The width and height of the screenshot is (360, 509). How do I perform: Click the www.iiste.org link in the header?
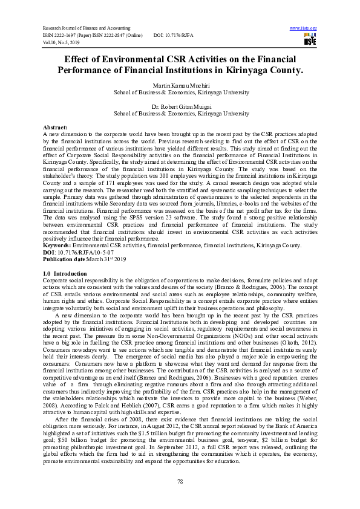click(x=304, y=28)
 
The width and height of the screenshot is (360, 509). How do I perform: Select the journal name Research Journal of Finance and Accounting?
click(x=86, y=28)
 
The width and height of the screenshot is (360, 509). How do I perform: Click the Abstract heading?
click(x=55, y=128)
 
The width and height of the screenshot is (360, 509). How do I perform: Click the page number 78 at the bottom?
click(x=180, y=481)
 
